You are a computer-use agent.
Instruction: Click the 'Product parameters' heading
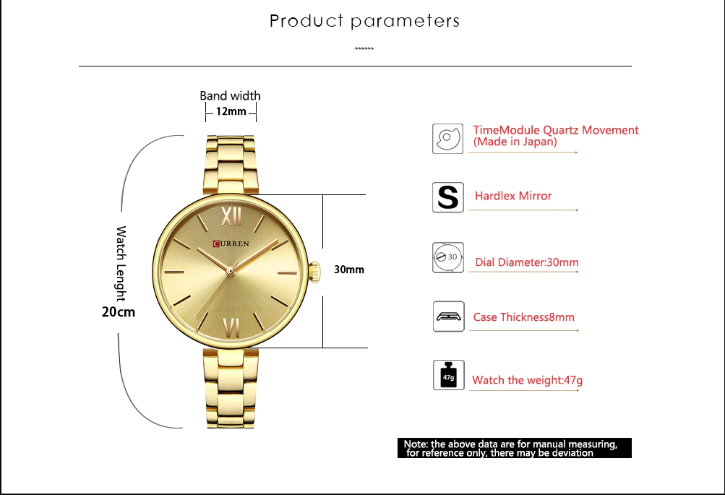point(364,21)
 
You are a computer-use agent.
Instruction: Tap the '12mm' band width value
point(231,111)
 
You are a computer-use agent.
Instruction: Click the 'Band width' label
point(231,95)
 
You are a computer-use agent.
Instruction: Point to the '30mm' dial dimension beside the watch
point(349,270)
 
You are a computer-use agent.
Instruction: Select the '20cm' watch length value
point(119,312)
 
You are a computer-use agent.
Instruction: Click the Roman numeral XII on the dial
point(231,216)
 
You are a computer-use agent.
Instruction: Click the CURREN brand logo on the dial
point(231,244)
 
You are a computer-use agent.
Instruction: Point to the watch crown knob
point(314,271)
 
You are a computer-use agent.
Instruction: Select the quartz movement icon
point(447,139)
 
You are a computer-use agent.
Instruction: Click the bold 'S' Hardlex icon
point(448,197)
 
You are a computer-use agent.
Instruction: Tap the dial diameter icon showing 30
point(448,257)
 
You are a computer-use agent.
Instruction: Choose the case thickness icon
point(448,317)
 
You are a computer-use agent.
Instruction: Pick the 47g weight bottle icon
point(448,375)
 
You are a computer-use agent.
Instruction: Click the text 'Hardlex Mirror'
point(513,196)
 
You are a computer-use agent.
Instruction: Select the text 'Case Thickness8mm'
point(524,317)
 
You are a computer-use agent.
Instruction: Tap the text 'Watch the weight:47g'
point(527,380)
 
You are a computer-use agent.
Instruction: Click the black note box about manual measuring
point(515,448)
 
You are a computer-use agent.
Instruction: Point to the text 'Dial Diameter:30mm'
point(527,262)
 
